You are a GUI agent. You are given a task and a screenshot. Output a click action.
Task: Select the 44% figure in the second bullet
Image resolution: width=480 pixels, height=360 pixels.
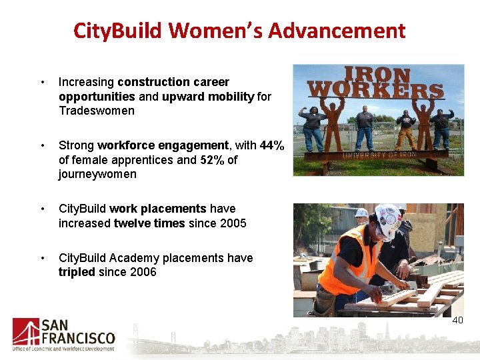[272, 145]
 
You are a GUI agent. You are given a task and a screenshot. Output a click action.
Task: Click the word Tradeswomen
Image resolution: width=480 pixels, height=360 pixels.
[87, 111]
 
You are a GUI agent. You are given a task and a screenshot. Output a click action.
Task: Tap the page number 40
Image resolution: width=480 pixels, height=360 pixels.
[457, 321]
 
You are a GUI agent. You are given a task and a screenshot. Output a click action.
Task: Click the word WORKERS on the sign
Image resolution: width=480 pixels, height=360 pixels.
[376, 89]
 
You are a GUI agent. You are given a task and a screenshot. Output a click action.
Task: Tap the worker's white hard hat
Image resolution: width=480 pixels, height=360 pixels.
[387, 220]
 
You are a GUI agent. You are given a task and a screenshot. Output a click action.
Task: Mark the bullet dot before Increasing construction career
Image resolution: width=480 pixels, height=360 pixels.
[42, 83]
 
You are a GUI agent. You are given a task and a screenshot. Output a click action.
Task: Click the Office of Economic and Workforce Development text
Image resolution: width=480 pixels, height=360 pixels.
[63, 348]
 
